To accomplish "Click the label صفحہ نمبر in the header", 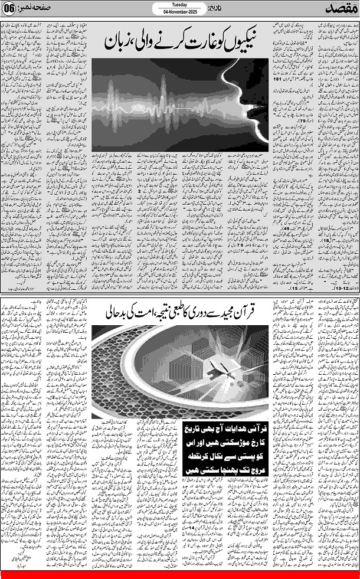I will (x=35, y=9).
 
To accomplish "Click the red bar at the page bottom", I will (x=180, y=575).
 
